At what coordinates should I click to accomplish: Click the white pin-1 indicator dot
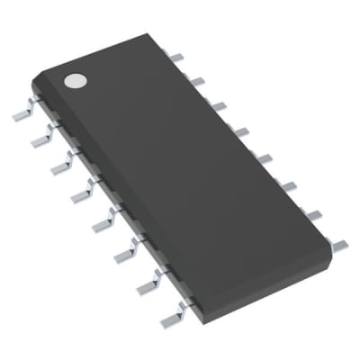(75, 81)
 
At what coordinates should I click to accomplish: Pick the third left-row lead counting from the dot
(60, 164)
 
